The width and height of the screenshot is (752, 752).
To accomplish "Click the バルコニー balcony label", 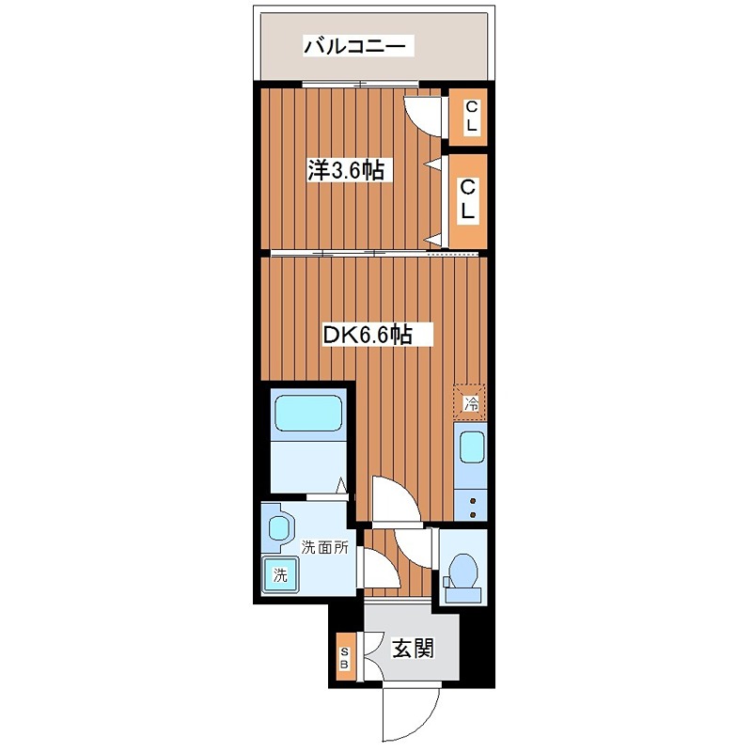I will click(353, 45).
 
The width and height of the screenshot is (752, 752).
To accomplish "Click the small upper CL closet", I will click(468, 117).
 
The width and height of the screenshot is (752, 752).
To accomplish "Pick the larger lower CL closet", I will click(468, 200).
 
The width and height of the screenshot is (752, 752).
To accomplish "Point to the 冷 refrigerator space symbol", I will click(471, 403).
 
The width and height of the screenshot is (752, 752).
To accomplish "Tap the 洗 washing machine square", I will click(279, 572).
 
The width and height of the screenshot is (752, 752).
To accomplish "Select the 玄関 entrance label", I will click(412, 648).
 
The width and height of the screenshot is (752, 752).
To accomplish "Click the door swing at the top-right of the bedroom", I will click(423, 115).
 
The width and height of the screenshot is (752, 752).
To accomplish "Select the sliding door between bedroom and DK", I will click(348, 253).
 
